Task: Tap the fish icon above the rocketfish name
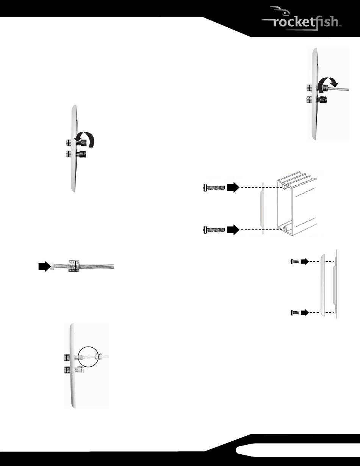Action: tap(279, 11)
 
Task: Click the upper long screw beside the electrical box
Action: tap(214, 188)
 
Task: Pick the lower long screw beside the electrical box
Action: tap(214, 230)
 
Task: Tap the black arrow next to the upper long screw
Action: tap(233, 187)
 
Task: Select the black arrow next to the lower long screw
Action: tap(233, 230)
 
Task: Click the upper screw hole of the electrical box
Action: tap(284, 187)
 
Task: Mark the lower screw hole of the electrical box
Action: tap(284, 229)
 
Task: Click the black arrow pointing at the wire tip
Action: tap(45, 266)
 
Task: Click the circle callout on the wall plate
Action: tap(88, 356)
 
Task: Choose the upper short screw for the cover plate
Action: tap(295, 262)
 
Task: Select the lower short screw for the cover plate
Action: tap(295, 313)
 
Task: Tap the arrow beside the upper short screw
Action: tap(305, 261)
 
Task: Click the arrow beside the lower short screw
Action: tap(305, 313)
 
